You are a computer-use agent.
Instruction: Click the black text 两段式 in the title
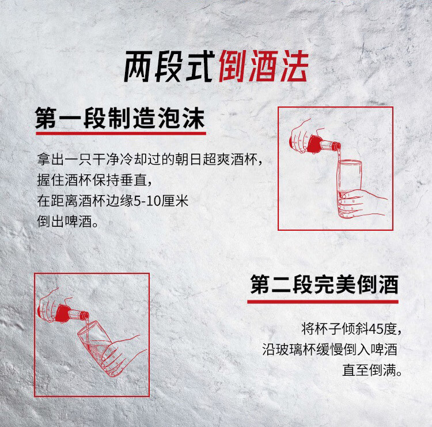(x=169, y=67)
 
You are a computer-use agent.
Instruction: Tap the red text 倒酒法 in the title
(x=264, y=66)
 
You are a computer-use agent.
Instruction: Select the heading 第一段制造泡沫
(x=120, y=118)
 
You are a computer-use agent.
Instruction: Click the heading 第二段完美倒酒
(x=324, y=284)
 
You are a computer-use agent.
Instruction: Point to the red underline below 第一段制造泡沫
(x=121, y=134)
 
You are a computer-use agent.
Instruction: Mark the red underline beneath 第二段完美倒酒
(x=323, y=302)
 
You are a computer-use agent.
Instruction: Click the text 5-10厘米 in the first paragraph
(x=161, y=201)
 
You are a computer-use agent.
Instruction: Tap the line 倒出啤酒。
(x=68, y=222)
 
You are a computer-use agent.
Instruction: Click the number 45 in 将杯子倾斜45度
(x=376, y=329)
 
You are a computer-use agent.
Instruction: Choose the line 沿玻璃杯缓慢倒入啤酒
(x=329, y=349)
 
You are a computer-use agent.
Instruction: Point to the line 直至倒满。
(x=372, y=370)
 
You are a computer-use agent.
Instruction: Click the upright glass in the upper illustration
(x=349, y=189)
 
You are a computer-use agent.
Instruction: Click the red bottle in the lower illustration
(x=71, y=313)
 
